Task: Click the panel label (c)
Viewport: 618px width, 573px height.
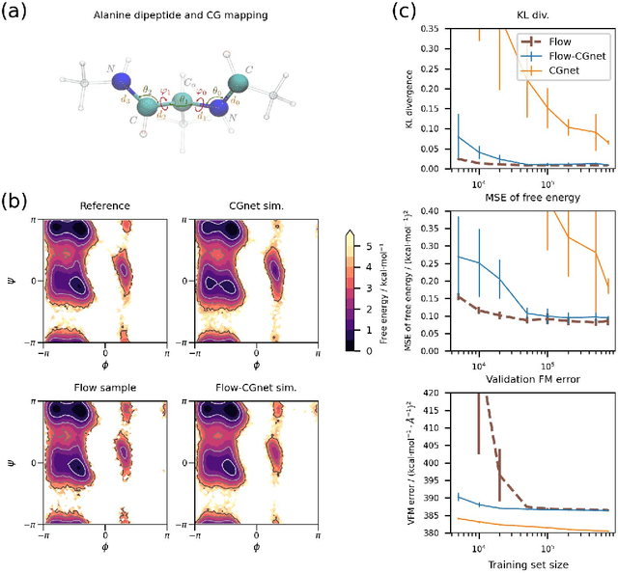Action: pos(407,14)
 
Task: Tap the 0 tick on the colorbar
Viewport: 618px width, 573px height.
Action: pos(361,352)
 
